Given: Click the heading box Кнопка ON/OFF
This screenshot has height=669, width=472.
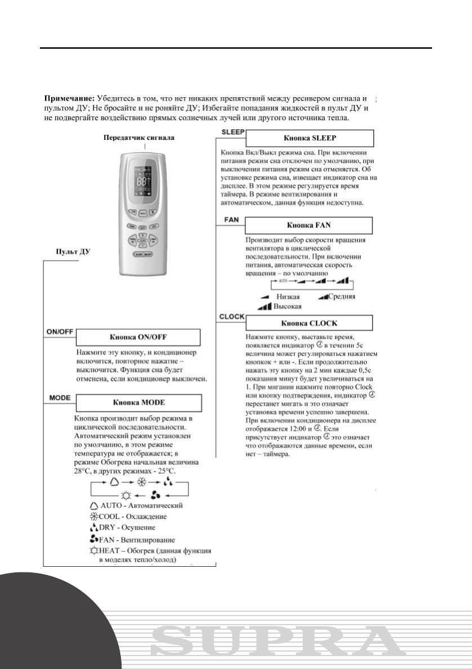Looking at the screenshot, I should pyautogui.click(x=138, y=338).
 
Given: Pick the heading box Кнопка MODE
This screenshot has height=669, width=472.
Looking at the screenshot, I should pyautogui.click(x=138, y=403).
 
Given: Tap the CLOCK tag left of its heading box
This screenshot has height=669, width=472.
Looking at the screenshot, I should pyautogui.click(x=231, y=316).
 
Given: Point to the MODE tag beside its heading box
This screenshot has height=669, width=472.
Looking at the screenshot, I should pyautogui.click(x=57, y=398).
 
